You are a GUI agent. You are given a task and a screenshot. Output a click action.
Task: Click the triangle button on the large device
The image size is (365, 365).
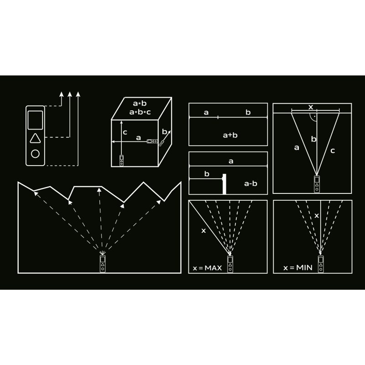click(x=35, y=138)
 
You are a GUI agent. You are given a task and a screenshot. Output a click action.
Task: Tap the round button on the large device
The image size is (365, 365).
click(x=35, y=154)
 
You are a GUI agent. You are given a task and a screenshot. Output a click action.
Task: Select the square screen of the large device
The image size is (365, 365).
click(x=35, y=120)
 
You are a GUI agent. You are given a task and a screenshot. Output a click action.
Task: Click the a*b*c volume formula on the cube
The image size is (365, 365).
click(x=140, y=112)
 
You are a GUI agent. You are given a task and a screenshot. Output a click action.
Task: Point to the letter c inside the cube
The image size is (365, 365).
click(x=125, y=132)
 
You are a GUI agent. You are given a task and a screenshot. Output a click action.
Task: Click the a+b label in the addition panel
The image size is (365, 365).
click(x=230, y=135)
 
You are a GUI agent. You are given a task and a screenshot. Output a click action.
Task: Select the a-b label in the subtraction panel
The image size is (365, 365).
click(x=250, y=184)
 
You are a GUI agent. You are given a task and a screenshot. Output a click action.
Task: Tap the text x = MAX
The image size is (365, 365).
click(x=208, y=268)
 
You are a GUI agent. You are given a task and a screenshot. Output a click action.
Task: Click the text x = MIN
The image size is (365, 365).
click(x=298, y=268)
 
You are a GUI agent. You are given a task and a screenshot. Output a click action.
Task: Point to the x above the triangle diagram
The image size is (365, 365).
click(x=311, y=107)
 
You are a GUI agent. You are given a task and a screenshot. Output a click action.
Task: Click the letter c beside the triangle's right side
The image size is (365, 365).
click(x=333, y=151)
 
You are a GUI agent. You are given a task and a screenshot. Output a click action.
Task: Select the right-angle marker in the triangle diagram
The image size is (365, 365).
click(x=313, y=118)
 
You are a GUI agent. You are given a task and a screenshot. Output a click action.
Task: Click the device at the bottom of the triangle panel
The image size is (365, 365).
click(x=317, y=184)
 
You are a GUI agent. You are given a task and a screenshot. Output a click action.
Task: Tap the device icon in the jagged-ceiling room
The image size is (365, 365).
click(x=103, y=264)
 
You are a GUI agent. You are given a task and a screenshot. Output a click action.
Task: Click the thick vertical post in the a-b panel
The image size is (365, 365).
click(x=224, y=184)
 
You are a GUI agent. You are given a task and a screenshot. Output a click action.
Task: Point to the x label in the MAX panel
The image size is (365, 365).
click(x=203, y=231)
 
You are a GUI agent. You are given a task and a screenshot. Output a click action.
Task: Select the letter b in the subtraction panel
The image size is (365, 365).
click(x=207, y=174)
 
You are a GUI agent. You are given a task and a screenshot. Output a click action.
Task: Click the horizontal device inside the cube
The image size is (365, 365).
click(x=152, y=141)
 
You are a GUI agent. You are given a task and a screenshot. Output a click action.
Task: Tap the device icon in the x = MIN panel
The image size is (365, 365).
click(x=321, y=264)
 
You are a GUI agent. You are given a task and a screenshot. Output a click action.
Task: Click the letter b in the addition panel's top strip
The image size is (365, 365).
click(x=248, y=112)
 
